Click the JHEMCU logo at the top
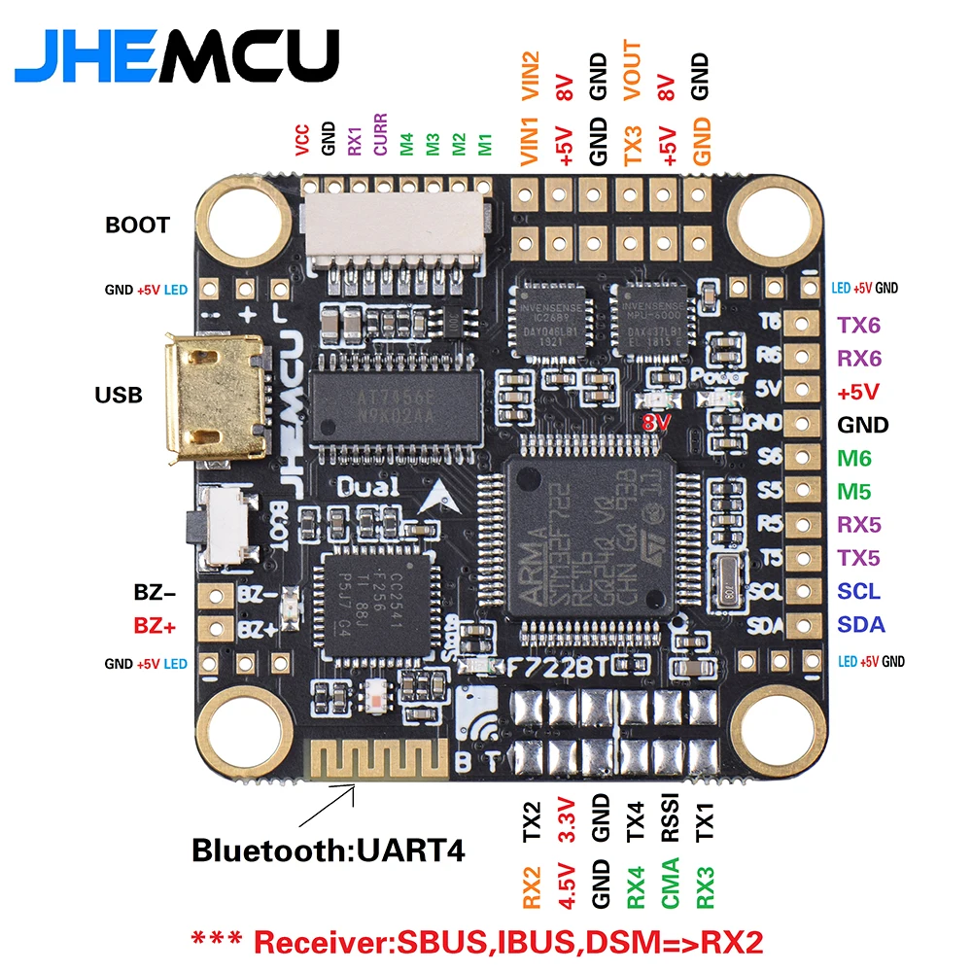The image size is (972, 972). (177, 54)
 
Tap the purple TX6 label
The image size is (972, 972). (859, 325)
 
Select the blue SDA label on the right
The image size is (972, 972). (860, 625)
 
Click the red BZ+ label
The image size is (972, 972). (155, 627)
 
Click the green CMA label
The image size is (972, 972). (671, 883)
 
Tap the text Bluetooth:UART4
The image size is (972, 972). (328, 850)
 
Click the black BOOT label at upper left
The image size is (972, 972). (137, 225)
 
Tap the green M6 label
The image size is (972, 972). (855, 458)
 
